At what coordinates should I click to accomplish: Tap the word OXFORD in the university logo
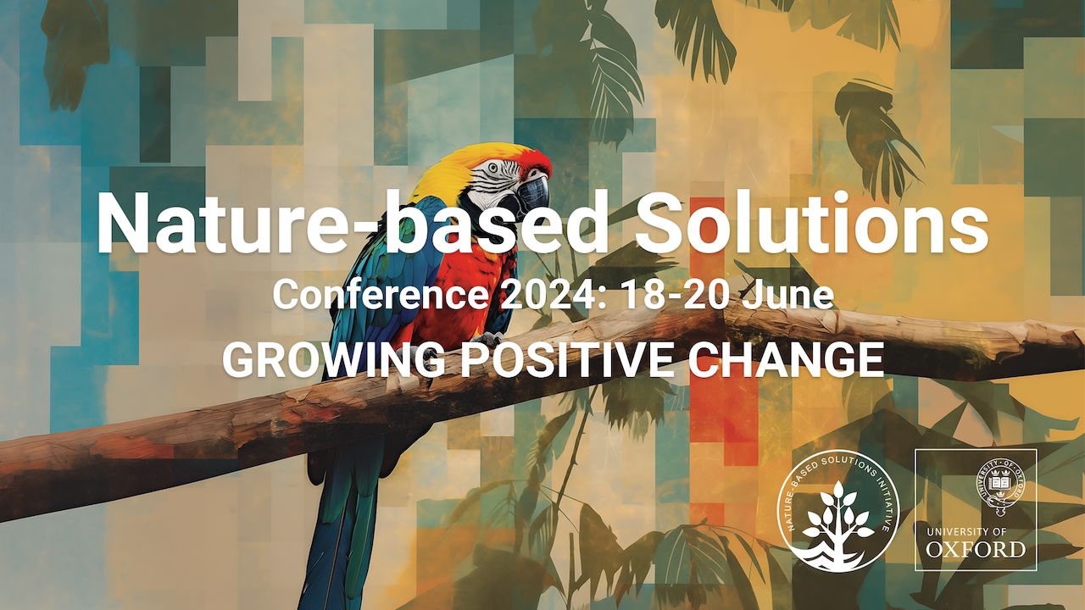point(976,550)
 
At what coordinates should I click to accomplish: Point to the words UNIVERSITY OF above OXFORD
point(976,530)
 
